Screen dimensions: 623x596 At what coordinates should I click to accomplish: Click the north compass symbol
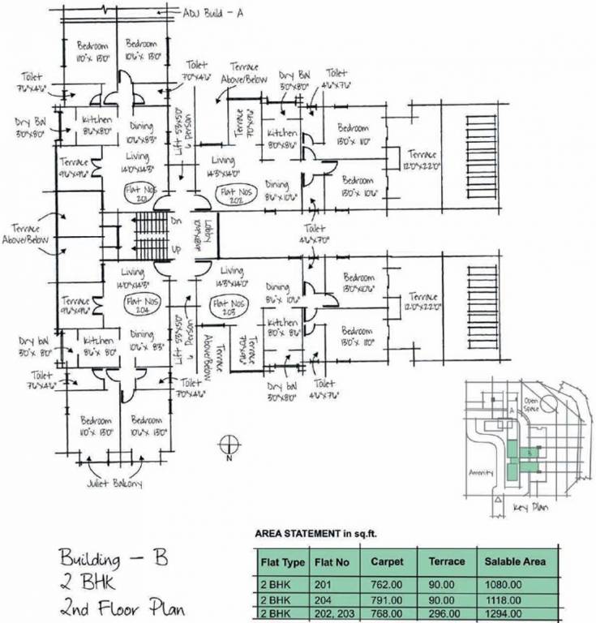[x=229, y=445]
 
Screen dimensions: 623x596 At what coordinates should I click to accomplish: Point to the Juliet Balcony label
[x=114, y=484]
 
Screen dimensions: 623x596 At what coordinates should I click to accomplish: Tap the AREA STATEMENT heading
[x=316, y=535]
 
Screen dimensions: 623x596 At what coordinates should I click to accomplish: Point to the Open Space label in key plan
[x=532, y=402]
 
